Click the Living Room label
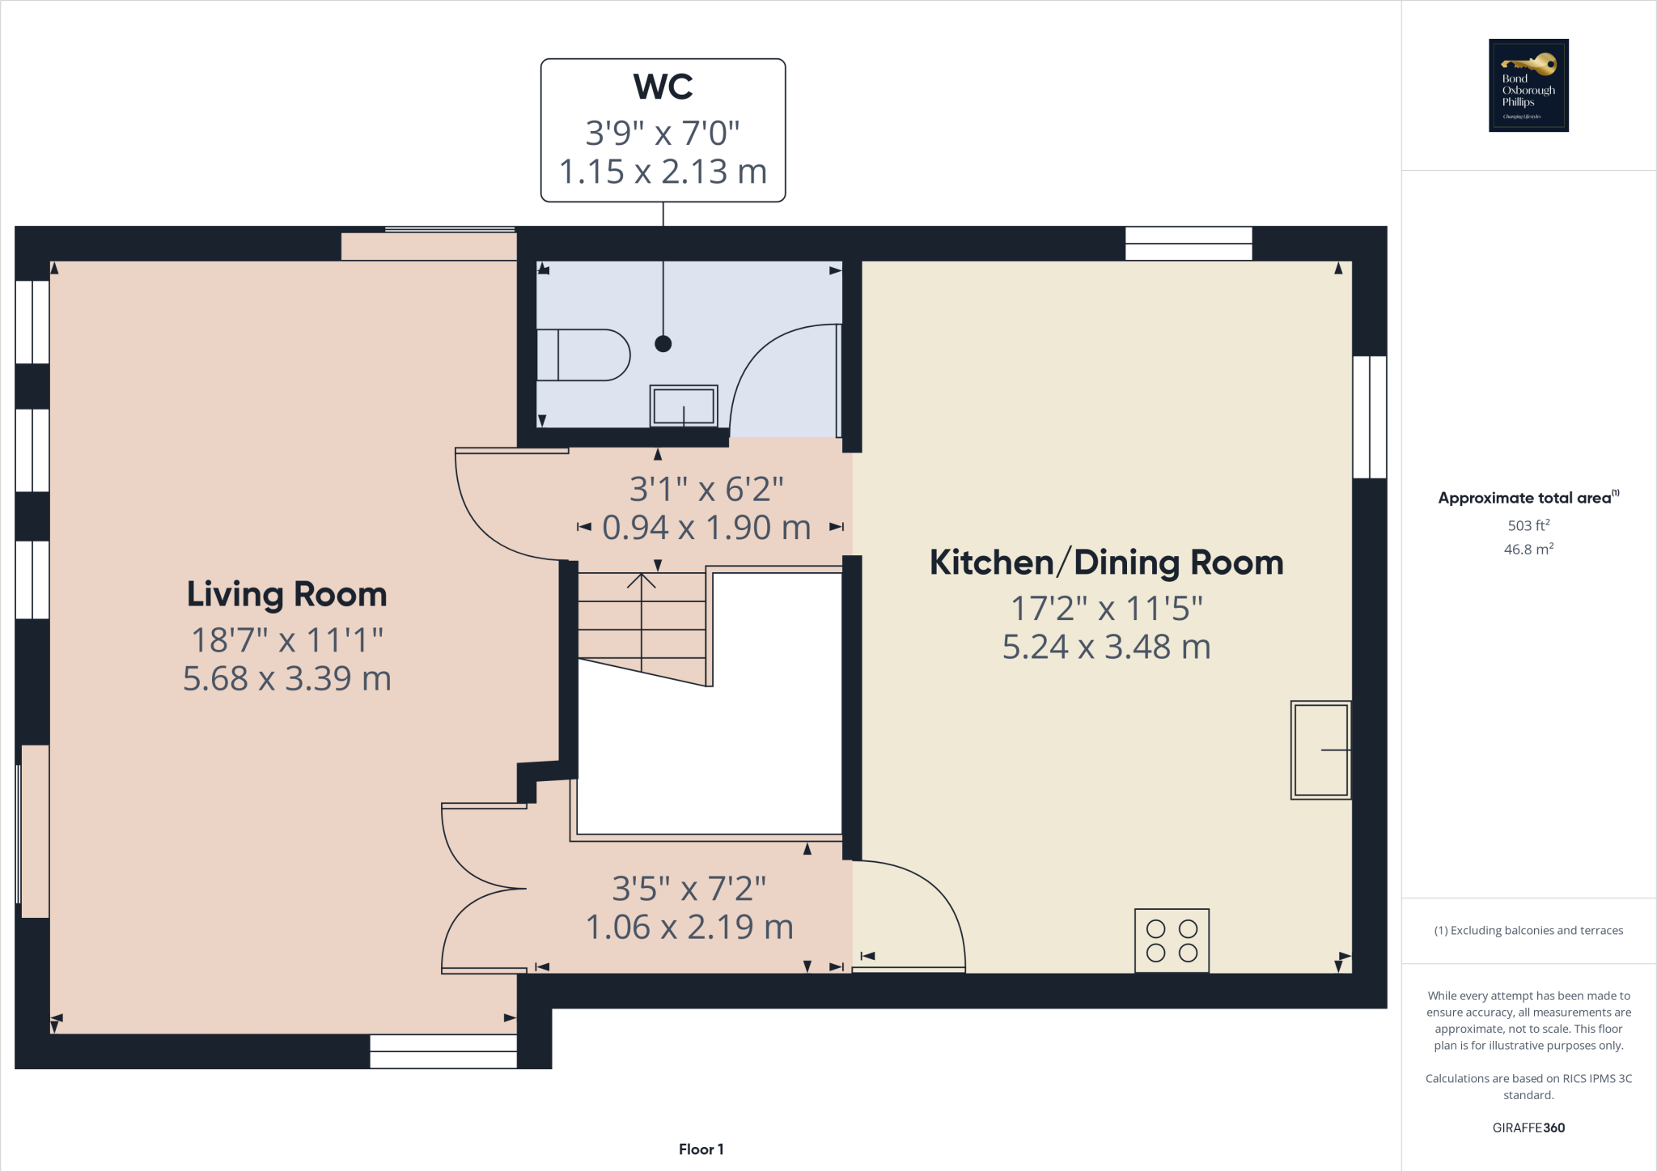[x=286, y=594]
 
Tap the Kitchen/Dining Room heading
[x=1106, y=563]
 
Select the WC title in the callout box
[x=663, y=87]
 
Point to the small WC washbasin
[x=684, y=405]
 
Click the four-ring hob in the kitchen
[x=1172, y=941]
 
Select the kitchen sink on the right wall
[x=1320, y=750]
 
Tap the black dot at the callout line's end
[x=663, y=344]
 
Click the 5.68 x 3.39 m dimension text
[x=286, y=678]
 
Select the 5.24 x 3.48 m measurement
[x=1106, y=647]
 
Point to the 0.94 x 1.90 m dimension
[x=706, y=528]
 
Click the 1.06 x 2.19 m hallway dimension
[x=689, y=928]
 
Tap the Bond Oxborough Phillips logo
[x=1528, y=85]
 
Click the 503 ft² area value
[x=1528, y=525]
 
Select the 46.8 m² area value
[x=1528, y=550]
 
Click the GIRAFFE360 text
[x=1528, y=1127]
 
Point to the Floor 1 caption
[x=701, y=1149]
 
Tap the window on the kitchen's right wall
[x=1370, y=417]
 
